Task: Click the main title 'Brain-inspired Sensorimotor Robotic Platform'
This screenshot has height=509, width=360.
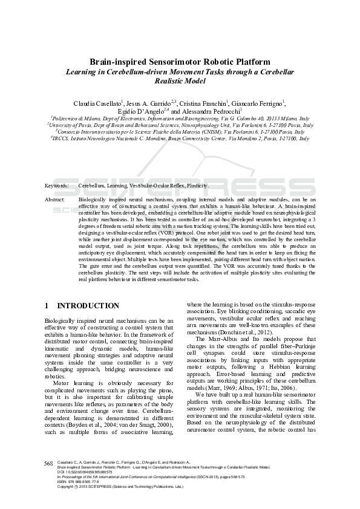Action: [x=179, y=62]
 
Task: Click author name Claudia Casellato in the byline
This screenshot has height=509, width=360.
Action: [x=98, y=103]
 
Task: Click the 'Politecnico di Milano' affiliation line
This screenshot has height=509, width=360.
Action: [x=180, y=119]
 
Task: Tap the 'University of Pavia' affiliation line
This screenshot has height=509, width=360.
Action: [x=180, y=125]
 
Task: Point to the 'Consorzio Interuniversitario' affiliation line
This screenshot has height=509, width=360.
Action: [x=180, y=131]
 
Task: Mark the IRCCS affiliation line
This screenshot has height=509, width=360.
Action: [x=180, y=138]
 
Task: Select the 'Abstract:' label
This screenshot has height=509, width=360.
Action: [x=55, y=198]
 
